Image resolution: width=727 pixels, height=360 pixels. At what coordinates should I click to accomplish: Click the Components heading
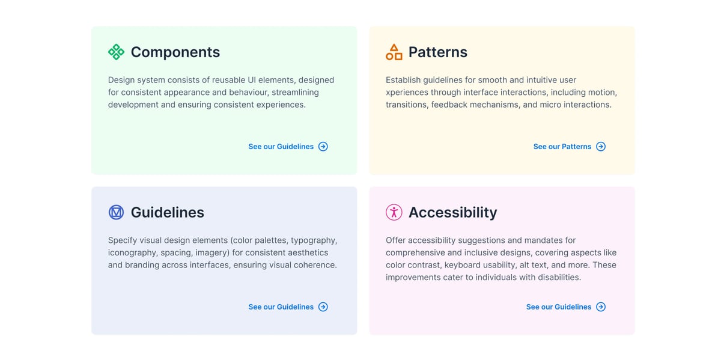175,52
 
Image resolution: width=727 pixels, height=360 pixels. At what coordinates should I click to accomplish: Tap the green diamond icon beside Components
116,52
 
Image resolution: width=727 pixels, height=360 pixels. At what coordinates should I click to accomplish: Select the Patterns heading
437,52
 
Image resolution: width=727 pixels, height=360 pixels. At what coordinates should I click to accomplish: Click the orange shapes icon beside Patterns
394,52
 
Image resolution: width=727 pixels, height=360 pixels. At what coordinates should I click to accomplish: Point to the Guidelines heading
167,213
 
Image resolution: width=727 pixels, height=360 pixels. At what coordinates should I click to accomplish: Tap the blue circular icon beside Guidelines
116,212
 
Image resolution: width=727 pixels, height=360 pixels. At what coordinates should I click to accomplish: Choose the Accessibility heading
452,213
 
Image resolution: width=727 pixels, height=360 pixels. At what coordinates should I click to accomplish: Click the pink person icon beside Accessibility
394,212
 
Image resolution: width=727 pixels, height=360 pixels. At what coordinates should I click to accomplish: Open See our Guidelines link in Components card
281,147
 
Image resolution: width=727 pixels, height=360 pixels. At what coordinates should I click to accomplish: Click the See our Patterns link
562,147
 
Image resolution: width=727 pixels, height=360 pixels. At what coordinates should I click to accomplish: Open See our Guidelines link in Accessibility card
558,307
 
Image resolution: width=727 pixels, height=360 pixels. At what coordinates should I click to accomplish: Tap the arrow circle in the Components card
323,147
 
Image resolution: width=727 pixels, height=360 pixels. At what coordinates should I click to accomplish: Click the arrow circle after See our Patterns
601,147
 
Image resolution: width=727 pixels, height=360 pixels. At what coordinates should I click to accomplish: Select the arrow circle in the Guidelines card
323,307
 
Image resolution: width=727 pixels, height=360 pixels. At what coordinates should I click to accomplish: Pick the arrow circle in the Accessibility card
601,307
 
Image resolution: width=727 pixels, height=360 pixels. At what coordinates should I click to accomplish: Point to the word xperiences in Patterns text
407,93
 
